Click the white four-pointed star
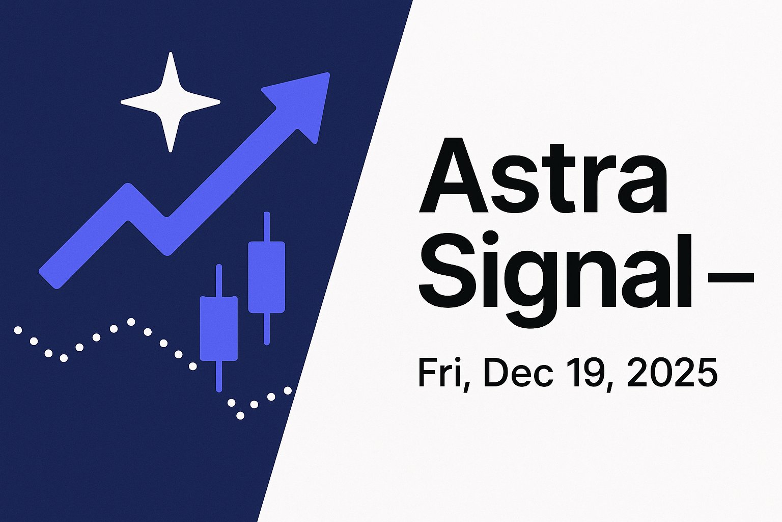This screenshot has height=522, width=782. tap(171, 102)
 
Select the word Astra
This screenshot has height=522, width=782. tap(543, 176)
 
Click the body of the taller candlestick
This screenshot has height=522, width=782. tap(266, 277)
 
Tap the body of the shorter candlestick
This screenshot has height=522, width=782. tap(219, 328)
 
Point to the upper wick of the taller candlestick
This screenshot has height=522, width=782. tap(266, 226)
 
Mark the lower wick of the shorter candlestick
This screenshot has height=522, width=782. tap(219, 376)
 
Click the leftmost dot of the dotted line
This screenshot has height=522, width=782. tap(18, 330)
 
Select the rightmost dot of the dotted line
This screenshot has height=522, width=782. tap(288, 390)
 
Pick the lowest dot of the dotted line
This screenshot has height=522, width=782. tap(241, 415)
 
